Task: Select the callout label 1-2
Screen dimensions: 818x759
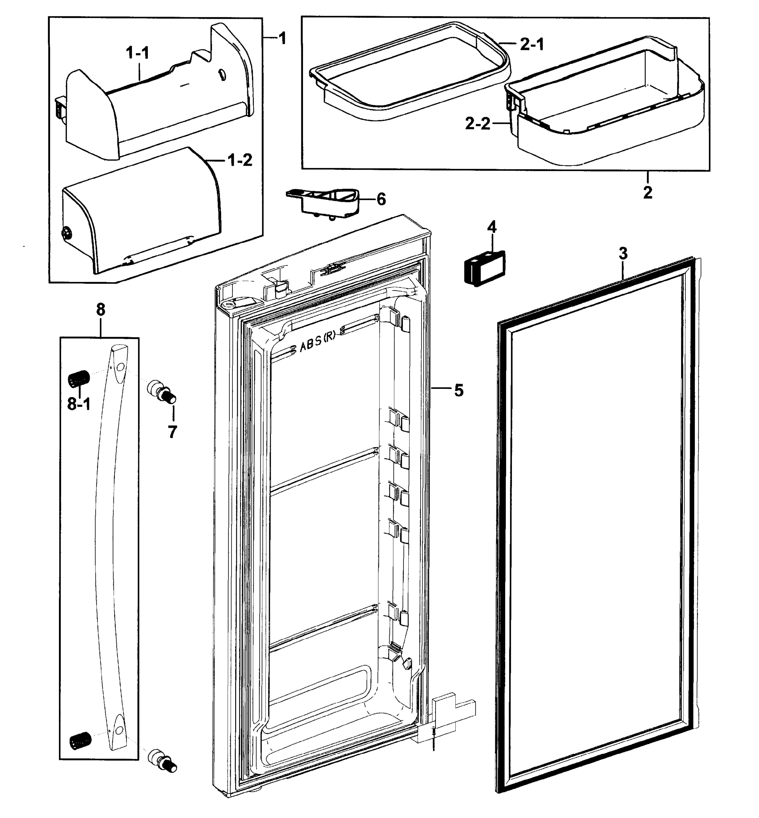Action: coord(240,160)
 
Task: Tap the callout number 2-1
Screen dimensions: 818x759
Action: coord(532,44)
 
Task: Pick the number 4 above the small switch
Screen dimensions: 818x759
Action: coord(491,227)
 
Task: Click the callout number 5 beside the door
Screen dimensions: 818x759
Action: coord(459,390)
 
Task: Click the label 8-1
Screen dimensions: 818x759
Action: coord(79,404)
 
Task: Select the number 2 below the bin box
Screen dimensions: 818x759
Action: coord(648,192)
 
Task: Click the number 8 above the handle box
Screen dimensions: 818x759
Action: coord(101,309)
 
